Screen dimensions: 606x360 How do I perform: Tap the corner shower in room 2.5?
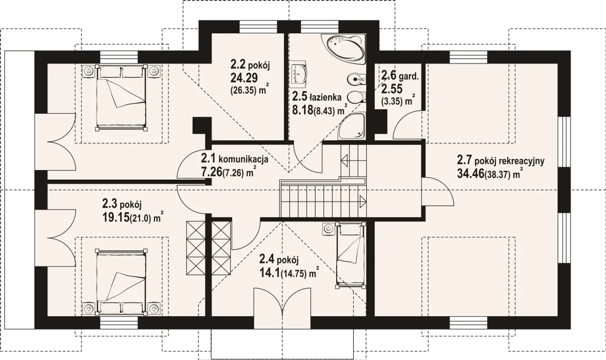[352, 126]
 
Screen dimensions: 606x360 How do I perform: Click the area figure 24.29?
[244, 78]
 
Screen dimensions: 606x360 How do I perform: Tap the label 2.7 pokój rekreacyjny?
[500, 160]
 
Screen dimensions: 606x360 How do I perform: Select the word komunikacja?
[243, 159]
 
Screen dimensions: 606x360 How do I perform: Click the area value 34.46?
[471, 174]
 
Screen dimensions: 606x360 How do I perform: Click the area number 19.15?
[116, 217]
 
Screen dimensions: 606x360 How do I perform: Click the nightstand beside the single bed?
[329, 229]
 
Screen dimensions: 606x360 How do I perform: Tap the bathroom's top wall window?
[320, 27]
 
